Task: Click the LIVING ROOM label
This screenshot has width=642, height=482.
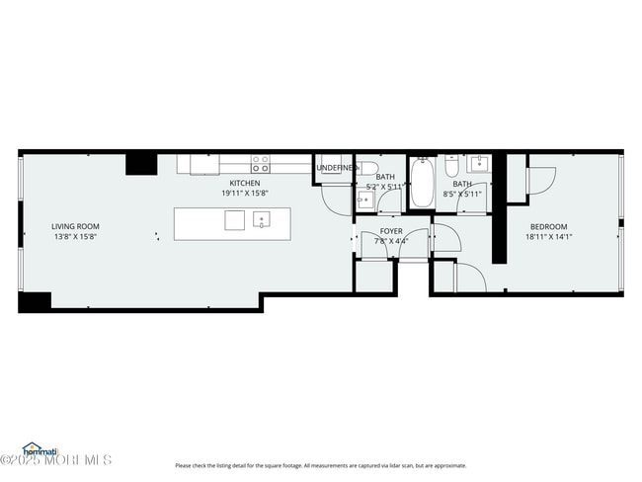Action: (x=75, y=226)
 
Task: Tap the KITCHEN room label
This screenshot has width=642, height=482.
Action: (x=245, y=184)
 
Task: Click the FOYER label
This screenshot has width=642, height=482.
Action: (x=391, y=230)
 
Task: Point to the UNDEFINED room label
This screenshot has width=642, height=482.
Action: (x=336, y=169)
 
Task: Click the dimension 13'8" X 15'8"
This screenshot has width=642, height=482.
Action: (x=75, y=237)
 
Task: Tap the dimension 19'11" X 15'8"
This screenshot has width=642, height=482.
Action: (x=245, y=194)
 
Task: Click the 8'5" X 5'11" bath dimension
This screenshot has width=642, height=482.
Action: (x=462, y=194)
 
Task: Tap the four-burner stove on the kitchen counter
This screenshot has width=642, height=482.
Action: (x=260, y=164)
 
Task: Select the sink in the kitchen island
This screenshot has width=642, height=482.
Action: (x=262, y=220)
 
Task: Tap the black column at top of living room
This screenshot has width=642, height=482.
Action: (x=140, y=163)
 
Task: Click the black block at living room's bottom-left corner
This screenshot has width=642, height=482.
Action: (x=35, y=301)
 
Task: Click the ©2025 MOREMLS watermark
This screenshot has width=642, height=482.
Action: (x=56, y=460)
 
